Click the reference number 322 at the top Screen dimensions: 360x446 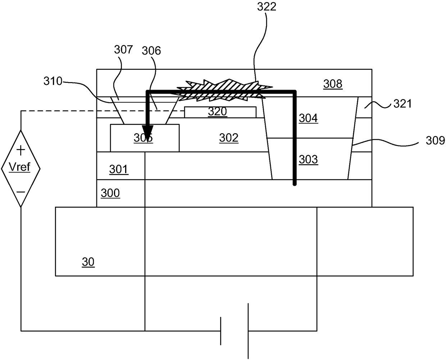267,6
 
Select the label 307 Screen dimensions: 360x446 123,49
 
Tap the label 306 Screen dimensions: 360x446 151,51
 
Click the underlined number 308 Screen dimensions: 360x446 333,84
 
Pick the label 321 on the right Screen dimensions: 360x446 403,104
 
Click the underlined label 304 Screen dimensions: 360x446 308,118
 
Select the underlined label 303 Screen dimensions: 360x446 308,159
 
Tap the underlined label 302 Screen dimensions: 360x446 229,138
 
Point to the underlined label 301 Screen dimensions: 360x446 119,169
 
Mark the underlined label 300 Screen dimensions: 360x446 110,193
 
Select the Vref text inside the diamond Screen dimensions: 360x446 20,167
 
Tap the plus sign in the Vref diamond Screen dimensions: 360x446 21,149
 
